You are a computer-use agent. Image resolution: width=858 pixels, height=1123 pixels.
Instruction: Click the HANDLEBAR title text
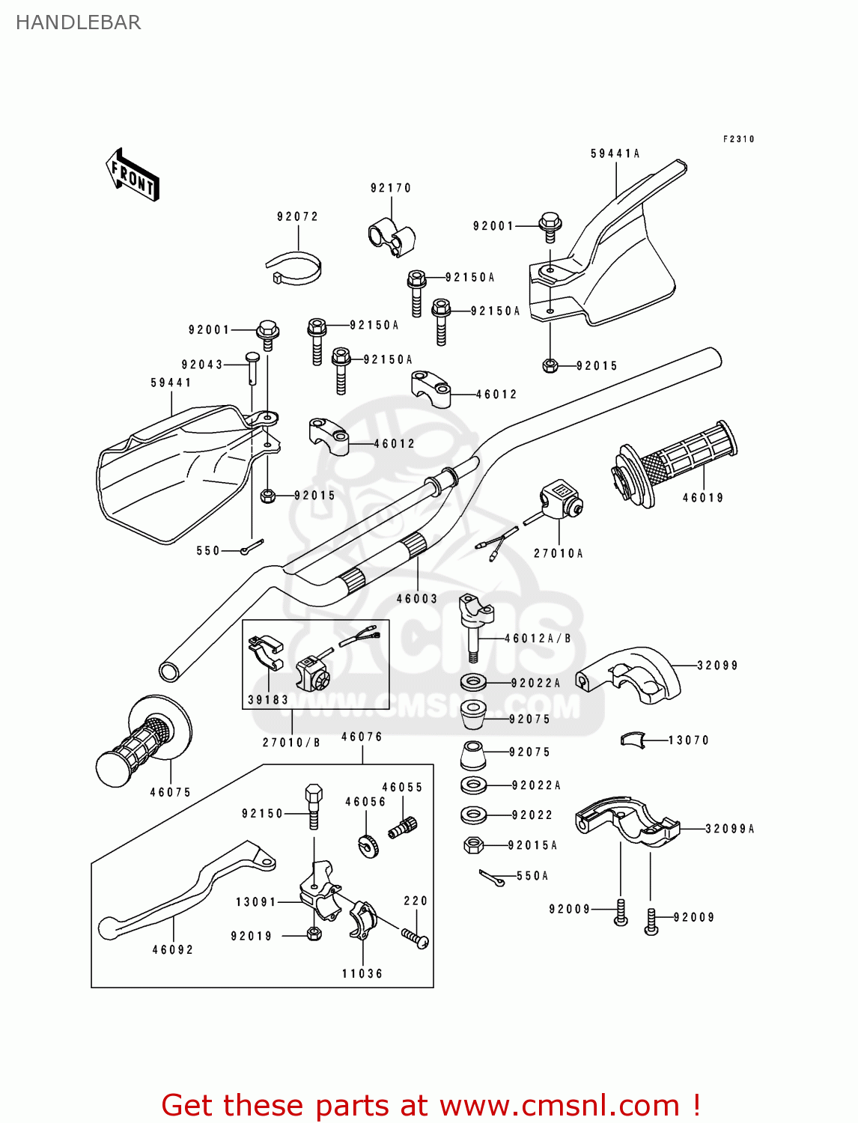pyautogui.click(x=78, y=22)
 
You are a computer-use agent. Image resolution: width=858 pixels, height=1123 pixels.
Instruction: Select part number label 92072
pyautogui.click(x=297, y=217)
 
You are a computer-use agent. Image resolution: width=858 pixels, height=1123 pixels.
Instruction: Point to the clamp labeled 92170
pyautogui.click(x=391, y=236)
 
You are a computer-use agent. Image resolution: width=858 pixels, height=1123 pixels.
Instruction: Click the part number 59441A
pyautogui.click(x=615, y=153)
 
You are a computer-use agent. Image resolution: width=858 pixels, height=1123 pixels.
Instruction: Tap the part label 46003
pyautogui.click(x=416, y=598)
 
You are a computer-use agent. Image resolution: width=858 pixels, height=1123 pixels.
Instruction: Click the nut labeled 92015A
pyautogui.click(x=473, y=845)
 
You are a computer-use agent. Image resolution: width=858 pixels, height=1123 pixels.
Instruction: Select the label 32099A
pyautogui.click(x=729, y=829)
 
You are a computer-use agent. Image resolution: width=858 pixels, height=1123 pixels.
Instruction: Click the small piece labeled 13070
pyautogui.click(x=633, y=740)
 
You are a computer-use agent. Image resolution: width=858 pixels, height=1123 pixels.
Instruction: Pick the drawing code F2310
pyautogui.click(x=738, y=139)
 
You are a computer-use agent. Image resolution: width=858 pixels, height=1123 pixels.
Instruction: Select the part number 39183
pyautogui.click(x=267, y=700)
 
